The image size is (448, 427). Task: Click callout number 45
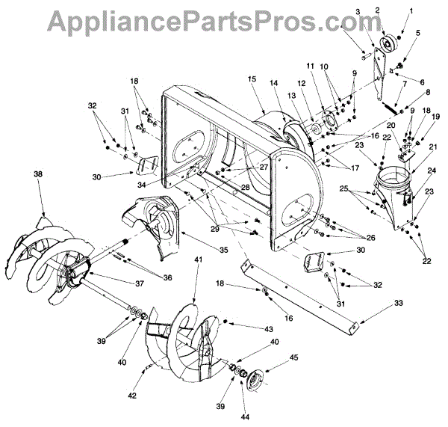pos(293,358)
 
